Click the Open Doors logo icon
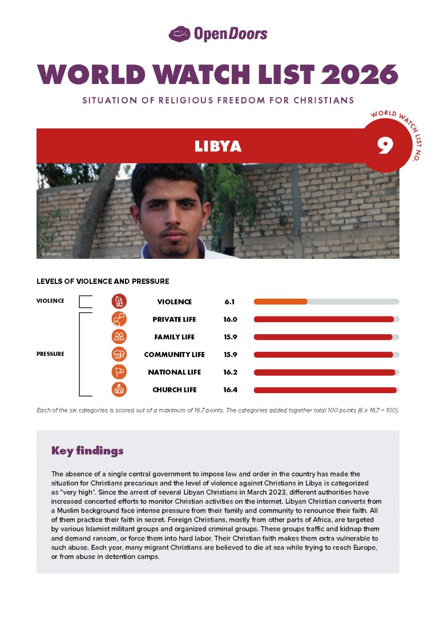(179, 34)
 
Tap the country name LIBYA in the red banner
(218, 146)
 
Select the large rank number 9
(385, 146)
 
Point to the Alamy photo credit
(51, 253)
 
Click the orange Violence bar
(280, 302)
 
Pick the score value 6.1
(230, 302)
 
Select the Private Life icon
(119, 319)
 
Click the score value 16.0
(230, 319)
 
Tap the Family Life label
(174, 337)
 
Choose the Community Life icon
(119, 354)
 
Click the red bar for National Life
(324, 372)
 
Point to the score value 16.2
(230, 372)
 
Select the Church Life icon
(119, 390)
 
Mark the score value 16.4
(230, 390)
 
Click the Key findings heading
(87, 451)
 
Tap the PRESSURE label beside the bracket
(50, 354)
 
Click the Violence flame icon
(119, 302)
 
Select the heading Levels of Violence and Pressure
(103, 281)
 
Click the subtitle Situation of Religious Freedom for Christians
(218, 101)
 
